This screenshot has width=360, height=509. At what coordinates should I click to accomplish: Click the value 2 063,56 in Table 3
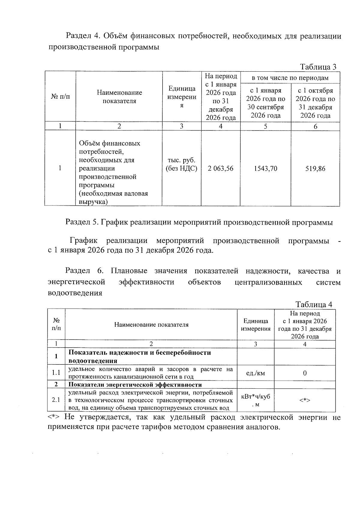point(220,169)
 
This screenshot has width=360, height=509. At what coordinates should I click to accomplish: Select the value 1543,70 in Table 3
point(265,169)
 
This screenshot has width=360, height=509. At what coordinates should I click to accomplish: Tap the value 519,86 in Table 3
point(315,169)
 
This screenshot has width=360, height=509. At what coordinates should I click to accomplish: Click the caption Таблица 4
point(314,304)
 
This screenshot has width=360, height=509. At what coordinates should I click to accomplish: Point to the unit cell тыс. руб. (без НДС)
point(181,164)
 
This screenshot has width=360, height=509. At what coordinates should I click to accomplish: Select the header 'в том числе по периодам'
point(290,78)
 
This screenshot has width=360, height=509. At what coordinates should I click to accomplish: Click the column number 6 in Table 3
point(315,126)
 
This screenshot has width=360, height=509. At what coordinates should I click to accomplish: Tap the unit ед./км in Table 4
point(255,373)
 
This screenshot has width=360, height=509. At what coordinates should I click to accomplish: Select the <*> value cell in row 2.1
point(304,400)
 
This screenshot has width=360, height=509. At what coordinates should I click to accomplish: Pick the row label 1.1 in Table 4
point(56,373)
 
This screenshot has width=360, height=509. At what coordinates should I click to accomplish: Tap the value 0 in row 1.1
point(304,373)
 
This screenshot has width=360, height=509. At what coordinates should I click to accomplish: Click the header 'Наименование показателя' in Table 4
point(151,325)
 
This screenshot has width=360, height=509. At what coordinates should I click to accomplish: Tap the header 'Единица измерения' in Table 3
point(181,97)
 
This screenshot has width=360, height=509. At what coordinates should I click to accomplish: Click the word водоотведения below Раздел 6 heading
point(75,293)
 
